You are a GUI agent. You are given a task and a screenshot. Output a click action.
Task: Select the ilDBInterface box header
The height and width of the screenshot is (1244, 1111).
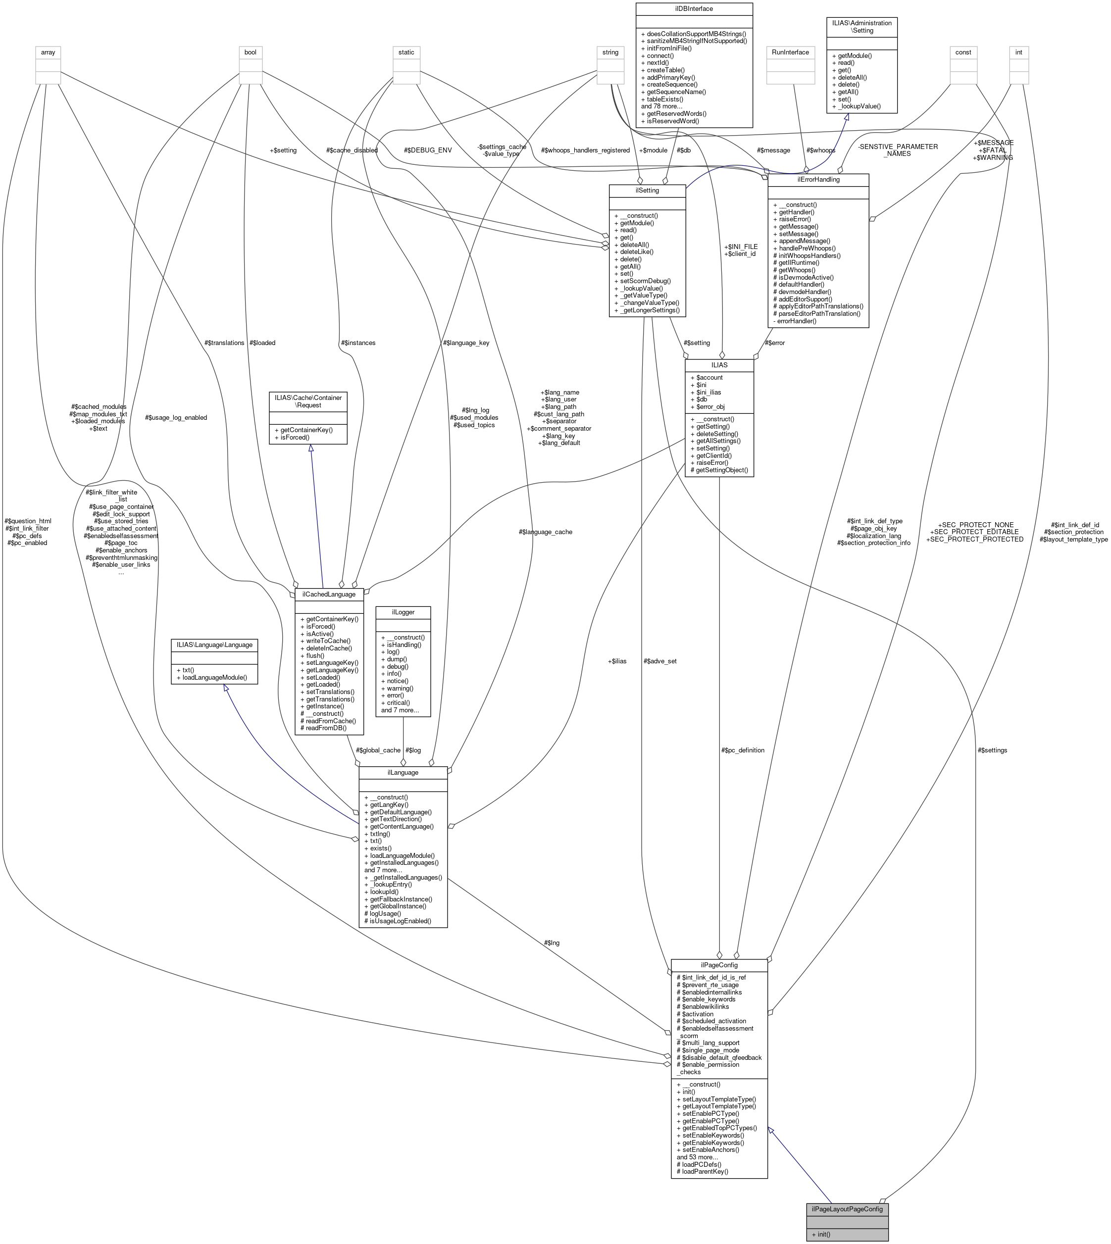tap(694, 8)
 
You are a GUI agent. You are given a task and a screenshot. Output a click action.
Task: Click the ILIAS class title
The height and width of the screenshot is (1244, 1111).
tap(719, 364)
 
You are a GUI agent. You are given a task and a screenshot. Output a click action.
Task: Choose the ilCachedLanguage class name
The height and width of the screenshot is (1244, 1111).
tap(329, 594)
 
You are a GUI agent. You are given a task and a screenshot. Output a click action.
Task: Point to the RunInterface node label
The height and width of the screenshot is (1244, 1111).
tap(790, 52)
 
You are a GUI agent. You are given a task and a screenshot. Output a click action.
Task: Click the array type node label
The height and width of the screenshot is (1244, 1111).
tap(48, 52)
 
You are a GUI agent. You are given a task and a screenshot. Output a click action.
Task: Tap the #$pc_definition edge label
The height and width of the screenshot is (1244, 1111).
tap(742, 750)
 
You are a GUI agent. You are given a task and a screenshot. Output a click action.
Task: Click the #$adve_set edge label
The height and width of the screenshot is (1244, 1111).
tap(659, 661)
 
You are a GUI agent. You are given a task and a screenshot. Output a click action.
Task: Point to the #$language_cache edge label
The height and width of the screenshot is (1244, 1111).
tap(545, 532)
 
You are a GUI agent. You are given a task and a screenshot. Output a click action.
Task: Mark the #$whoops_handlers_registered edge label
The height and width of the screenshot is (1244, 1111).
tap(585, 150)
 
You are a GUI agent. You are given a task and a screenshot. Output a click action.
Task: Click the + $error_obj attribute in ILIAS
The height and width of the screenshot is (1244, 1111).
tap(708, 406)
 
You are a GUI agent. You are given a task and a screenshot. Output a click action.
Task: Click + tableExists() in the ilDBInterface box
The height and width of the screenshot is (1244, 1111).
tap(662, 99)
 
